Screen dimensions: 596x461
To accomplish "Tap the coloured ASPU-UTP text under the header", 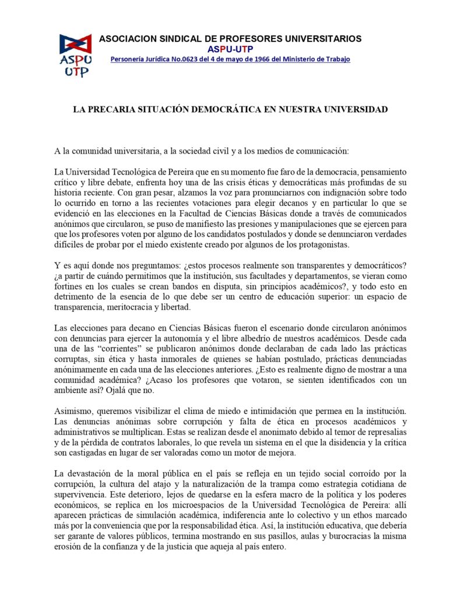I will click(230, 49).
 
